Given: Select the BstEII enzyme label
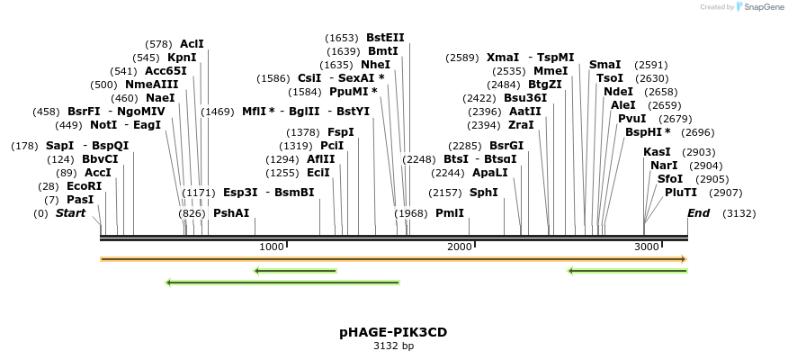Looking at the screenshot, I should click(385, 38).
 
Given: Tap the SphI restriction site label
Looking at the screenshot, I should click(484, 193).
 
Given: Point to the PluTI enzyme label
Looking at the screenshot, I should click(681, 193).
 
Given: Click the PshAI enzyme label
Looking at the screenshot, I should click(231, 213).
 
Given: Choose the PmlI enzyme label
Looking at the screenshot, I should click(450, 213).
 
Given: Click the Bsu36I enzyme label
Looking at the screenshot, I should click(525, 98).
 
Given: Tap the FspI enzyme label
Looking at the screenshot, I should click(341, 132).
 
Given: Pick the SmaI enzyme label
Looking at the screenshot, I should click(605, 65).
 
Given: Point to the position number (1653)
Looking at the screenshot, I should click(342, 38).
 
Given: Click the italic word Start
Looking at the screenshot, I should click(71, 213).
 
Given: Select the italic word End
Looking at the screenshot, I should click(699, 213).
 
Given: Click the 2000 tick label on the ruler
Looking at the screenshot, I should click(459, 247).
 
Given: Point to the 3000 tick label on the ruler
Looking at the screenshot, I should click(646, 247).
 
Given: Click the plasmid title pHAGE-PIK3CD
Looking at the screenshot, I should click(393, 332).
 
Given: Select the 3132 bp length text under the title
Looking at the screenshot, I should click(393, 346).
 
